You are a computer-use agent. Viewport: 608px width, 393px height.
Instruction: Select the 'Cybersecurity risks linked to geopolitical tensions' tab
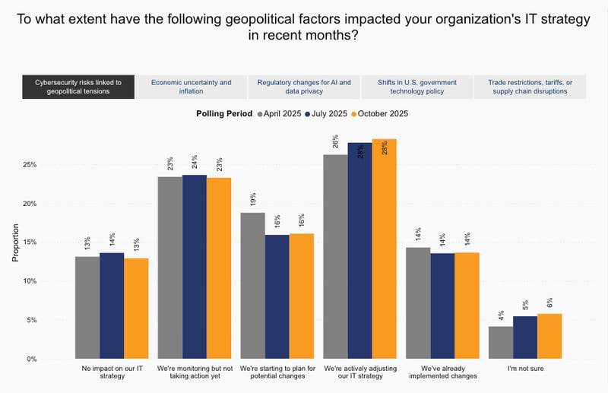pyautogui.click(x=78, y=86)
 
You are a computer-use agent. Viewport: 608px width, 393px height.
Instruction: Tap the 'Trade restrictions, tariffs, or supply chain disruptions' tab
pyautogui.click(x=530, y=86)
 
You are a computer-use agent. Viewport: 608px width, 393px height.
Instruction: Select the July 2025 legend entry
pyautogui.click(x=328, y=114)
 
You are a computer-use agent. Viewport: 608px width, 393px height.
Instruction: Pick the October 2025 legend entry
pyautogui.click(x=378, y=114)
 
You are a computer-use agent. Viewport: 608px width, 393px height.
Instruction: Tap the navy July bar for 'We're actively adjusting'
pyautogui.click(x=359, y=250)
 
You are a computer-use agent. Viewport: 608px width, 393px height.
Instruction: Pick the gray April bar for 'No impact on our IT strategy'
pyautogui.click(x=87, y=307)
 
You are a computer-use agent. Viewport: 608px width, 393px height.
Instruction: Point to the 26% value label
pyautogui.click(x=335, y=141)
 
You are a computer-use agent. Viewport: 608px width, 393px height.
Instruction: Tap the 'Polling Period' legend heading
pyautogui.click(x=225, y=114)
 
